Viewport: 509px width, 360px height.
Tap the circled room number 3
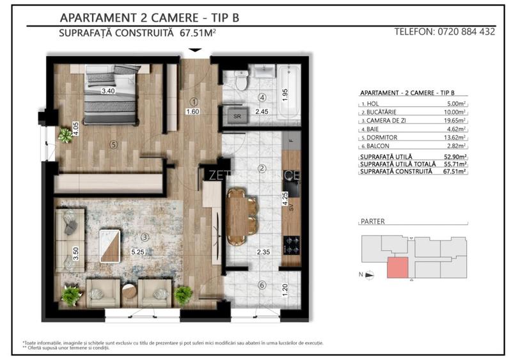(x=145, y=237)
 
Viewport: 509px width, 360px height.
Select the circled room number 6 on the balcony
(x=261, y=285)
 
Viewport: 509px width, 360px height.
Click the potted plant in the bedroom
(x=65, y=134)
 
